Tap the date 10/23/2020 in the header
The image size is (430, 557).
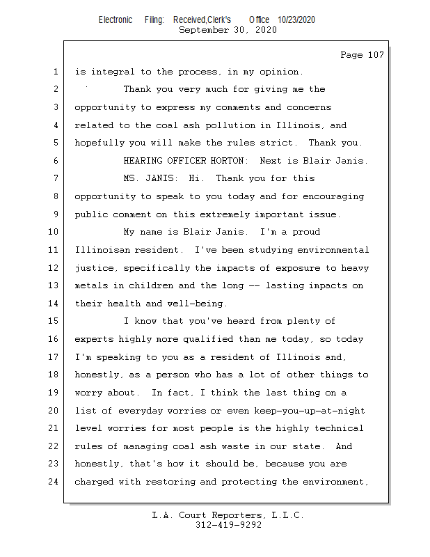tap(296, 20)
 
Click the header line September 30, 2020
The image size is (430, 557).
tap(228, 30)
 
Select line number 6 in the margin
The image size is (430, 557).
tap(54, 161)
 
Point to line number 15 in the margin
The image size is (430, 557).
tap(54, 321)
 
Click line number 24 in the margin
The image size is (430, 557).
tap(54, 481)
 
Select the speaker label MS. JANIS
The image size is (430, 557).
tap(150, 179)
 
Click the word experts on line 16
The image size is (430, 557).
tap(95, 339)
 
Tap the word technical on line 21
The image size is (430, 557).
tap(339, 428)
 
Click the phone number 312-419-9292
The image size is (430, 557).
tap(228, 526)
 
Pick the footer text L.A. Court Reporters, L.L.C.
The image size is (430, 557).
tap(228, 516)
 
